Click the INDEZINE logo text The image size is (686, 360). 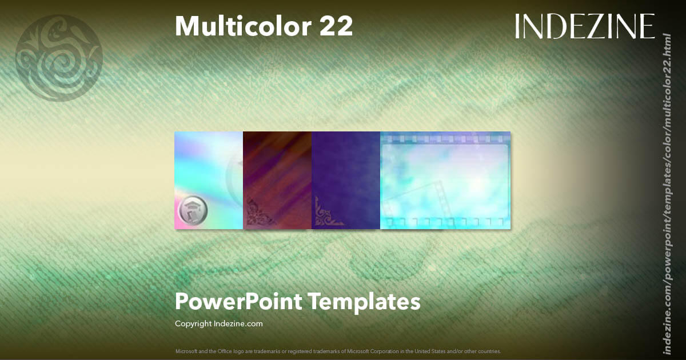point(584,26)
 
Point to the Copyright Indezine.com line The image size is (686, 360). point(218,323)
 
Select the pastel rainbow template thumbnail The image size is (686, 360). point(209,171)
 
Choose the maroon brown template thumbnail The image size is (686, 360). point(277,171)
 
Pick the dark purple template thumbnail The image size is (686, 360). point(346,171)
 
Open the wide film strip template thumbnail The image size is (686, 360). point(445,181)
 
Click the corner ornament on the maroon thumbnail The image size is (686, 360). point(259,213)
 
